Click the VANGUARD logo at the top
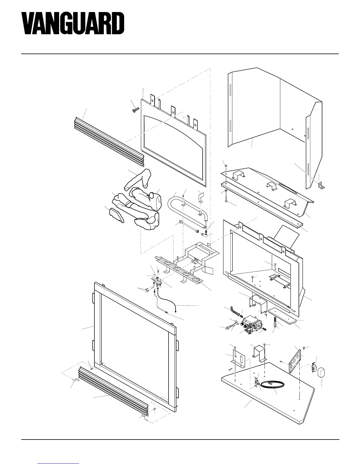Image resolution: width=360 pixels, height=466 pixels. [x=73, y=23]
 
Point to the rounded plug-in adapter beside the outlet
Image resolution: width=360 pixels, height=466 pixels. [x=322, y=372]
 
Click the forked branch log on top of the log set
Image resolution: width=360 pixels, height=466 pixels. [x=138, y=179]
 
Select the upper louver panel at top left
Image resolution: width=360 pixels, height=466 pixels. [x=109, y=141]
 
